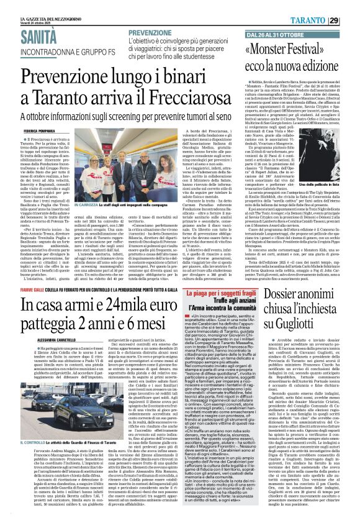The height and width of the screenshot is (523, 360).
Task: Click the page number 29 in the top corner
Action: (351, 20)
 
